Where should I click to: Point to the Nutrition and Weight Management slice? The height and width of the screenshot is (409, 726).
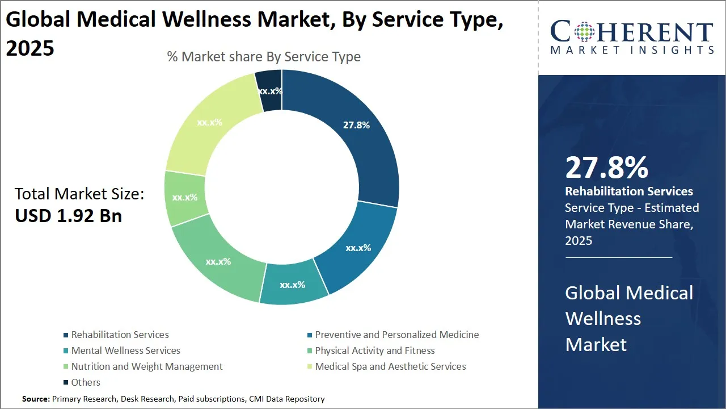tap(184, 198)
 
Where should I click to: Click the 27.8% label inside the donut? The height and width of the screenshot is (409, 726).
tap(356, 125)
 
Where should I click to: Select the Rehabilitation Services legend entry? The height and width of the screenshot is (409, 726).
tap(120, 335)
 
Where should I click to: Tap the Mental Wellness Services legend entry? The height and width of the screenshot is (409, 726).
tap(125, 350)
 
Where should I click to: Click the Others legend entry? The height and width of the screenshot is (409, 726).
tap(86, 382)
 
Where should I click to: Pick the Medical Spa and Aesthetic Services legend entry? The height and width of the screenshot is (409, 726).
tap(390, 366)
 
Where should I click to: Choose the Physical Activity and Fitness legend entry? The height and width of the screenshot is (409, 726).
tap(374, 350)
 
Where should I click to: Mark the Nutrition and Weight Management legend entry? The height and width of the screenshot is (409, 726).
tap(147, 366)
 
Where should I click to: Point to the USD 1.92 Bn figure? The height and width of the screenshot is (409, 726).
tap(68, 216)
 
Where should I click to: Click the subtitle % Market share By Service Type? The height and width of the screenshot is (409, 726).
tap(264, 57)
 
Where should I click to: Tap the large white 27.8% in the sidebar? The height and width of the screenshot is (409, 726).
tap(606, 168)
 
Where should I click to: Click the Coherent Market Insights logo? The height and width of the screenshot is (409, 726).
tap(632, 37)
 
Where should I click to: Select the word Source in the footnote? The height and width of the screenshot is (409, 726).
tap(35, 399)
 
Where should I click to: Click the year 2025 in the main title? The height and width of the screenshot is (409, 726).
tap(30, 48)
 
